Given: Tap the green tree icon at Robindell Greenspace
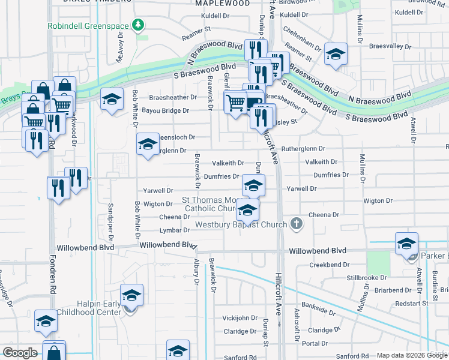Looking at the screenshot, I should tap(139, 25).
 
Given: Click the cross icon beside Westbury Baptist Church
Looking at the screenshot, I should tap(295, 224).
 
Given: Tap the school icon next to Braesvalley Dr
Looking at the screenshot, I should tap(336, 53).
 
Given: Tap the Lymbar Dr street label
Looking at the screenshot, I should tap(175, 230).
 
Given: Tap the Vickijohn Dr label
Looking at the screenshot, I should tap(240, 317).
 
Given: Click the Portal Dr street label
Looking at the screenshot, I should tap(313, 343).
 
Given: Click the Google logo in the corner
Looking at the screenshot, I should tap(20, 353).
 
